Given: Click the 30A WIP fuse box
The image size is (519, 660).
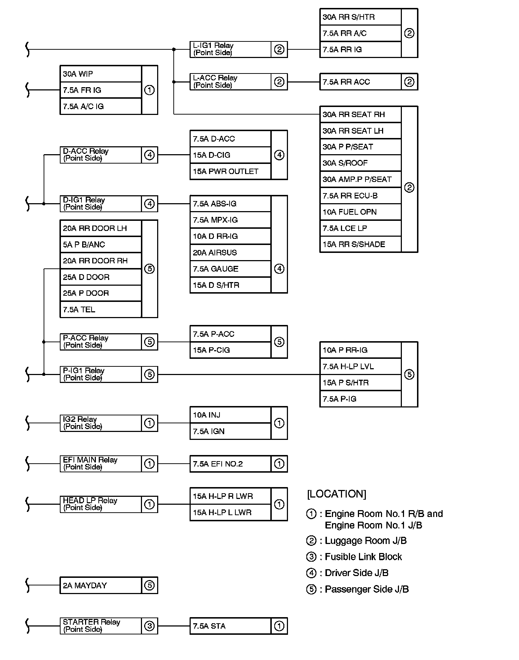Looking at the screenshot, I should (100, 74).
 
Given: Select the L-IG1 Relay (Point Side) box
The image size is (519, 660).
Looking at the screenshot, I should (230, 49).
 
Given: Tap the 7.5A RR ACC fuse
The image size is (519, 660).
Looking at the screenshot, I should (360, 82).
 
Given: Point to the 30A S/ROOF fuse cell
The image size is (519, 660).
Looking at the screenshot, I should (360, 163).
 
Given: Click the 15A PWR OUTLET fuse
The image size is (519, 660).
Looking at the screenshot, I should (230, 171).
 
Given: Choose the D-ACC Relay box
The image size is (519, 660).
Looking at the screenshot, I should (101, 155).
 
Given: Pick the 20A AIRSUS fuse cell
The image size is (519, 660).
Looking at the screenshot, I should (230, 253).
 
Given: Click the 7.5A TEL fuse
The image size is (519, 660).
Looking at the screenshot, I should (100, 309).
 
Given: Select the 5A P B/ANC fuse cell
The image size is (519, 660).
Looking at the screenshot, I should (100, 245).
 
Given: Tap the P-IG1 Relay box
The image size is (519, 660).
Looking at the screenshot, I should (101, 374).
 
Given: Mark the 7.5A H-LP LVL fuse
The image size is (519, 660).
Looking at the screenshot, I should (360, 366).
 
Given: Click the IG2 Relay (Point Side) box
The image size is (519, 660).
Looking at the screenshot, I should (101, 423).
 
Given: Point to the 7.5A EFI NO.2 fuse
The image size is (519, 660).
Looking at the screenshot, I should (230, 464).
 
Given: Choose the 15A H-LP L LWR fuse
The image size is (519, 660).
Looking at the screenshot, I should (230, 512).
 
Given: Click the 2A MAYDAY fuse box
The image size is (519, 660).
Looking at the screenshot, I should (100, 585).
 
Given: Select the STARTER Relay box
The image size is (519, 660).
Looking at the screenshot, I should (101, 626).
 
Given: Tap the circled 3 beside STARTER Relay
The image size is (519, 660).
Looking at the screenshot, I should (149, 626).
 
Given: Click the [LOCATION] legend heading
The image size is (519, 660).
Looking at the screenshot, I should (336, 494).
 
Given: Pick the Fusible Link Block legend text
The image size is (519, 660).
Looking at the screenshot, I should (363, 557).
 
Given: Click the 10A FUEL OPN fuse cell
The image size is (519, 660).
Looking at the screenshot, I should (360, 212).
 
